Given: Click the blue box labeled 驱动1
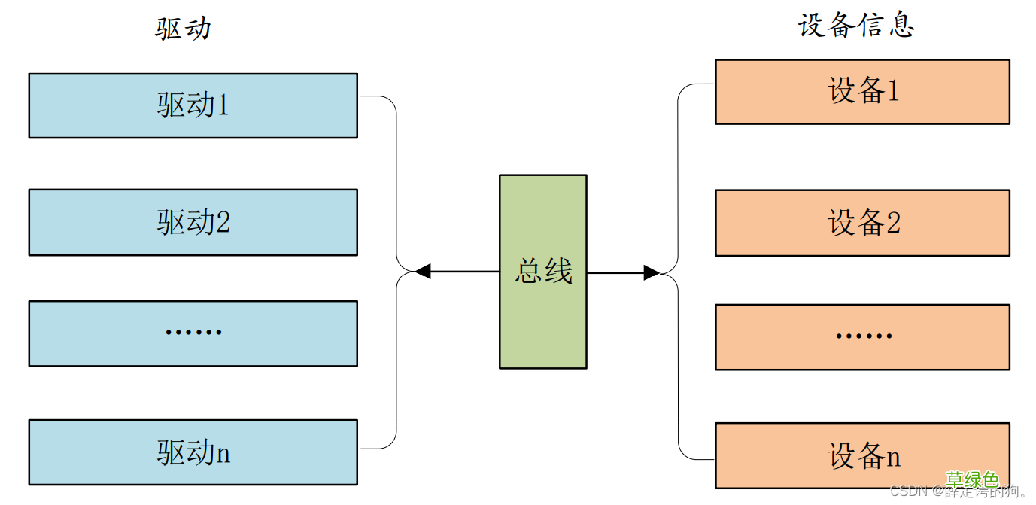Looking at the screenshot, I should [193, 105].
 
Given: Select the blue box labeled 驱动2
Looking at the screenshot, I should [193, 222].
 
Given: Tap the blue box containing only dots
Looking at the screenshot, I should [193, 333].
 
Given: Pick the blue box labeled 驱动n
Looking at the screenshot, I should [193, 452].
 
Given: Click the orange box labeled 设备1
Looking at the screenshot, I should [862, 91].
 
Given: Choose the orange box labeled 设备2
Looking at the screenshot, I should [862, 223].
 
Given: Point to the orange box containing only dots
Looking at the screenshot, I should [862, 336].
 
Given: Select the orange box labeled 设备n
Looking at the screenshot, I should [862, 455].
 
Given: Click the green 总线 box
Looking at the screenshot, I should [542, 272].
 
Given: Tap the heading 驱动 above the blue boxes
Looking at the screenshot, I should [183, 29].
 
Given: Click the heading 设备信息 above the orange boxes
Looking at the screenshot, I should [855, 25].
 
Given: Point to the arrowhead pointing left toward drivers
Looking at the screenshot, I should [423, 272].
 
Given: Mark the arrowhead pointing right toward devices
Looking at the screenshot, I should [652, 272].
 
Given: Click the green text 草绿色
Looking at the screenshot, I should [972, 479].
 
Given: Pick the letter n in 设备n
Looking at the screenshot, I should [893, 457].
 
